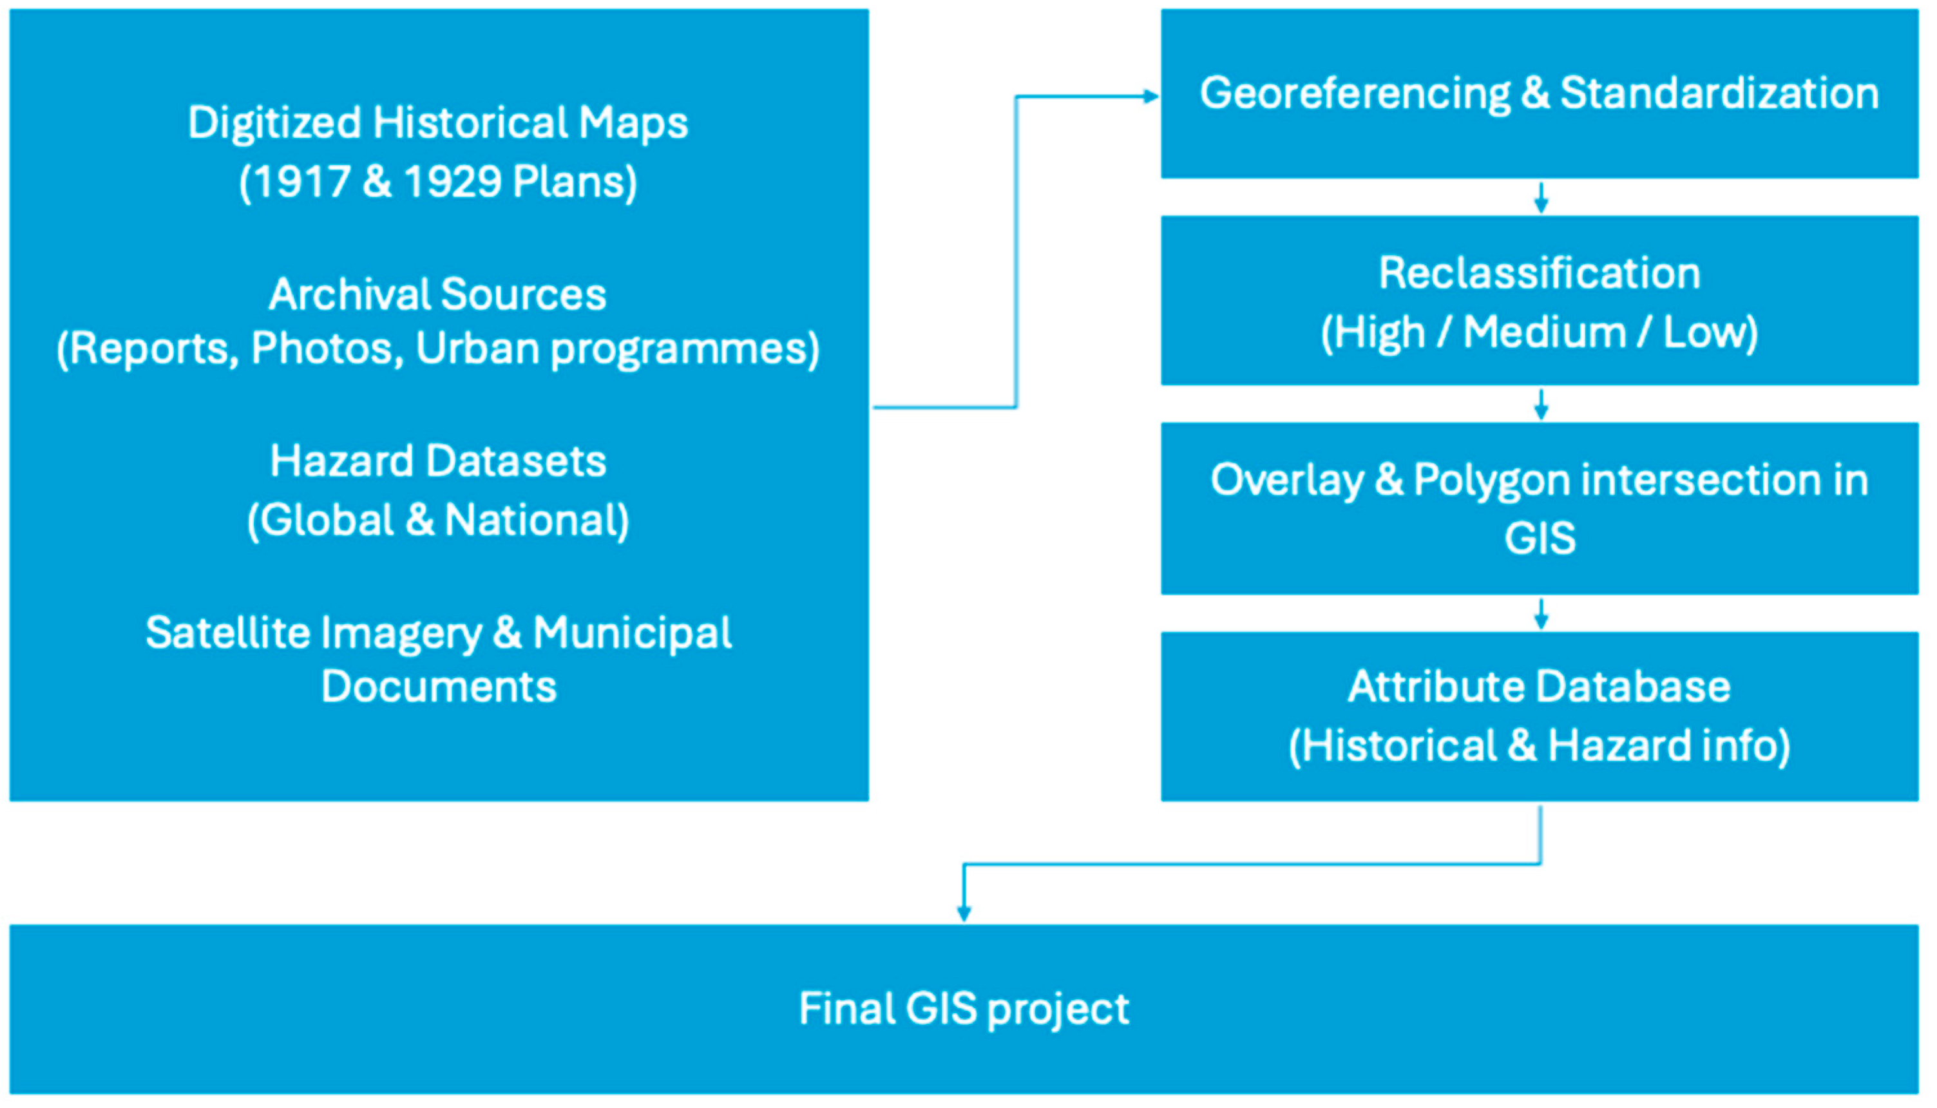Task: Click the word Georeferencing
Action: tap(1354, 94)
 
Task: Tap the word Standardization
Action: tap(1719, 94)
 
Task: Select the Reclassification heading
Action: tap(1539, 273)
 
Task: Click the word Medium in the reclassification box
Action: tap(1545, 332)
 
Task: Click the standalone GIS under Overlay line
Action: tap(1539, 539)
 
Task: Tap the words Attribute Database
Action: tap(1539, 687)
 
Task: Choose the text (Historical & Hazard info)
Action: tap(1539, 746)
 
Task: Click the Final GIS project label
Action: tap(964, 1009)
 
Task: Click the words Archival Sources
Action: tap(437, 294)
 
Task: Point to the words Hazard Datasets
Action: tap(437, 461)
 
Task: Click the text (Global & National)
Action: tap(437, 521)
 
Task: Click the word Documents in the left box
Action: tap(439, 687)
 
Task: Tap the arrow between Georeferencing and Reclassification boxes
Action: tap(1541, 198)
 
